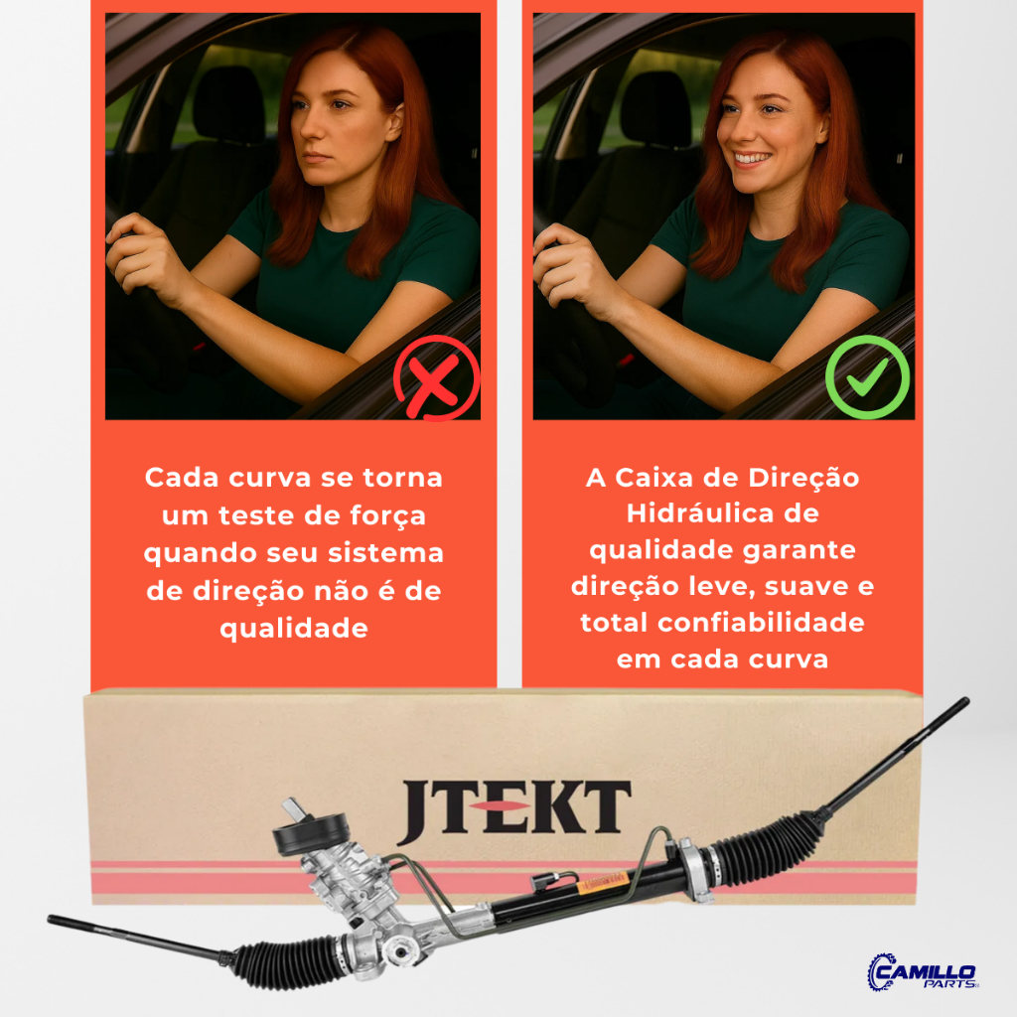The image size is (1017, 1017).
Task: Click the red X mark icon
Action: [437, 377]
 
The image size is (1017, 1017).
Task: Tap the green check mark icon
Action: [867, 376]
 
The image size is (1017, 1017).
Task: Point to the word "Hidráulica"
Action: [700, 513]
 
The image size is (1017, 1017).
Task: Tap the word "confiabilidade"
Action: [761, 623]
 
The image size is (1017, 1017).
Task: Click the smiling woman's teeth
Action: [753, 158]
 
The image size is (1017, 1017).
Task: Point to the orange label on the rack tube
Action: [603, 882]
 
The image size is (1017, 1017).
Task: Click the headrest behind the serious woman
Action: [229, 102]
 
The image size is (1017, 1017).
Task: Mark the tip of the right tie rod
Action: [965, 701]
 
